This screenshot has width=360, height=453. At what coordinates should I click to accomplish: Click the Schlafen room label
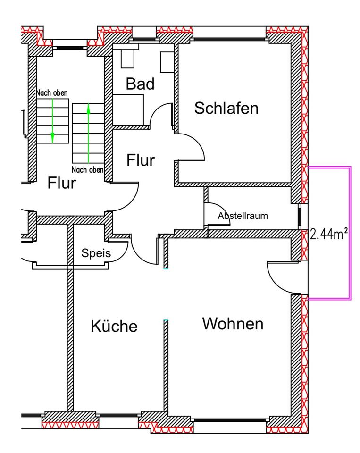[x=226, y=109]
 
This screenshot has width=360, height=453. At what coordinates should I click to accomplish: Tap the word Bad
[x=140, y=84]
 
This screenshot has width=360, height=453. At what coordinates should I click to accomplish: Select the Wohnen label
[x=233, y=324]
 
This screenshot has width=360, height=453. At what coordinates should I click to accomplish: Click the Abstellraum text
[x=243, y=216]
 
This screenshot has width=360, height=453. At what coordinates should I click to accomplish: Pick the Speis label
[x=96, y=253]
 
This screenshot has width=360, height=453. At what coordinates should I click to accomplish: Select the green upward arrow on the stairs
[x=88, y=132]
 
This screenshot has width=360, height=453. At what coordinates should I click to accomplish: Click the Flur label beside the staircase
[x=61, y=183]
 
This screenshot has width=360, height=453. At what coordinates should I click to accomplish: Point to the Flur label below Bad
[x=140, y=160]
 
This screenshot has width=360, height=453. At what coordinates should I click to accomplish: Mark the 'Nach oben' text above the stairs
[x=52, y=93]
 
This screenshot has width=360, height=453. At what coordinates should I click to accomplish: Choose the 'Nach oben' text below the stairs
[x=88, y=169]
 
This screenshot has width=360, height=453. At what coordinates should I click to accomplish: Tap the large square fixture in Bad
[x=128, y=109]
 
